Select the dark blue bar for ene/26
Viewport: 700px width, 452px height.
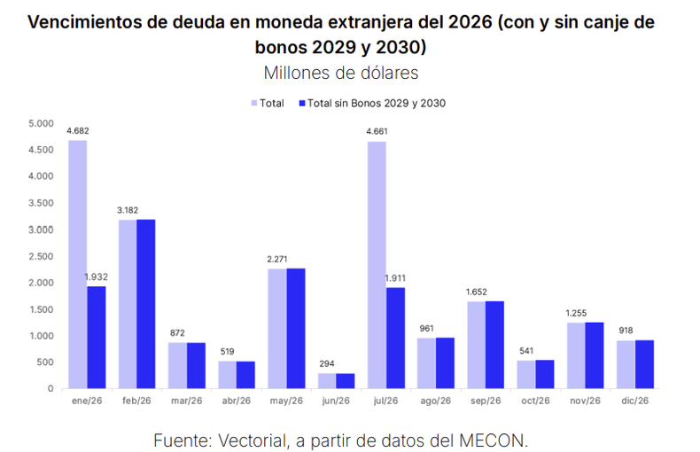pos(96,337)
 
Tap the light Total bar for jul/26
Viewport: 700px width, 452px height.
pos(377,265)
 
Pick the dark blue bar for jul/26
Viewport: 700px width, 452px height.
pos(395,338)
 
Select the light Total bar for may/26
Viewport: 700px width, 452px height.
pos(277,328)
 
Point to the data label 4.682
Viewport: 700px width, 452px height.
pos(78,131)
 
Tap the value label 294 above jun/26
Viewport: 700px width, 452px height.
pos(327,364)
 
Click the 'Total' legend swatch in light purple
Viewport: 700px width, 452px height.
pos(254,104)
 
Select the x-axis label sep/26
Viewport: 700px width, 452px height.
pos(486,401)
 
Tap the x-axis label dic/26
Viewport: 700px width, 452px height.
pos(635,401)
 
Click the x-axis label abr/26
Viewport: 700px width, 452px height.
pos(237,401)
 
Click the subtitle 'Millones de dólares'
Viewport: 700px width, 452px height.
pos(340,72)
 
